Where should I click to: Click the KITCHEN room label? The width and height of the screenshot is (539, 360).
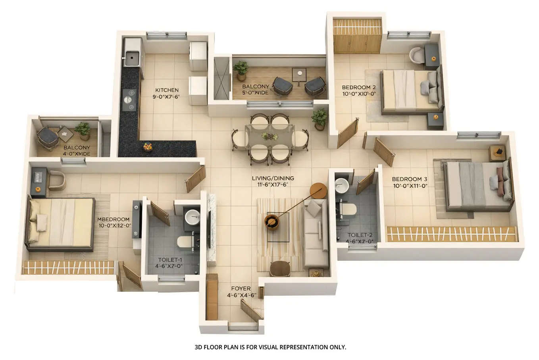pyautogui.click(x=167, y=90)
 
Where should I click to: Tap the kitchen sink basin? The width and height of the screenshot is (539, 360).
pyautogui.click(x=131, y=58)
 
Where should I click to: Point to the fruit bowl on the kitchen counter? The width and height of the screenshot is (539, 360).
pyautogui.click(x=148, y=147)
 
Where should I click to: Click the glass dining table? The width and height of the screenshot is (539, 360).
pyautogui.click(x=270, y=136)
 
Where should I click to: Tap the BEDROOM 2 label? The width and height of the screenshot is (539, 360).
pyautogui.click(x=358, y=87)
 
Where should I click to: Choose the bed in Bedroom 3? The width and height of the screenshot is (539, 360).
pyautogui.click(x=476, y=186)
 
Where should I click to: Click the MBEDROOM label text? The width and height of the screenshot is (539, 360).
pyautogui.click(x=114, y=219)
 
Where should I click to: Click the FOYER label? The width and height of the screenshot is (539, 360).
pyautogui.click(x=241, y=289)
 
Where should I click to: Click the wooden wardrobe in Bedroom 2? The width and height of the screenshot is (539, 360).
pyautogui.click(x=357, y=36)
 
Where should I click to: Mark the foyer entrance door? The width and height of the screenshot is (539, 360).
pyautogui.click(x=251, y=310)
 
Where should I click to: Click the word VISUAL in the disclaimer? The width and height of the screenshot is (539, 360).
pyautogui.click(x=269, y=347)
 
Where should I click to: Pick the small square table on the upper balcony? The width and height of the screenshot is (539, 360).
pyautogui.click(x=299, y=74)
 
